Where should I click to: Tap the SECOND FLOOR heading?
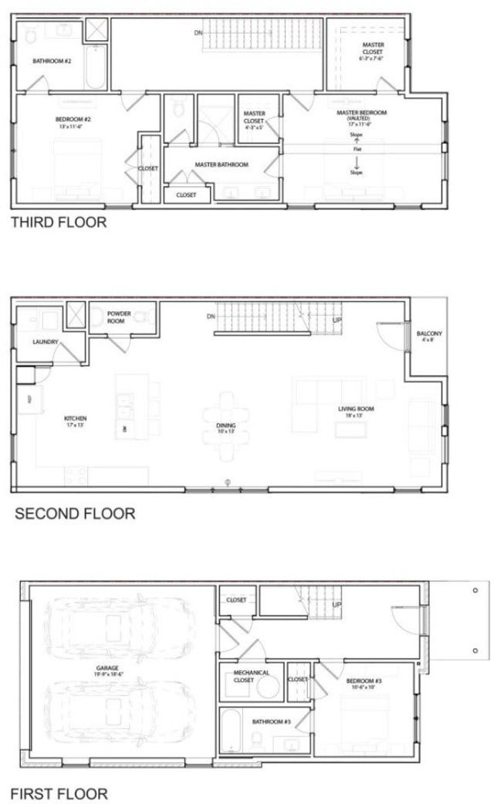75,512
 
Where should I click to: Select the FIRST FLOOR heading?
59,792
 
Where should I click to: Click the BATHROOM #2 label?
52,60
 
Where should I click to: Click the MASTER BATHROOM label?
221,165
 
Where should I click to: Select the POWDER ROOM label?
120,317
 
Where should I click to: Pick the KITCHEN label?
75,422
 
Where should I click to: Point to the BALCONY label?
429,336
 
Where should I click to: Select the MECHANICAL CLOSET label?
252,677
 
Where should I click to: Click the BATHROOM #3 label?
271,721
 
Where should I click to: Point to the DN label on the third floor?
198,32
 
